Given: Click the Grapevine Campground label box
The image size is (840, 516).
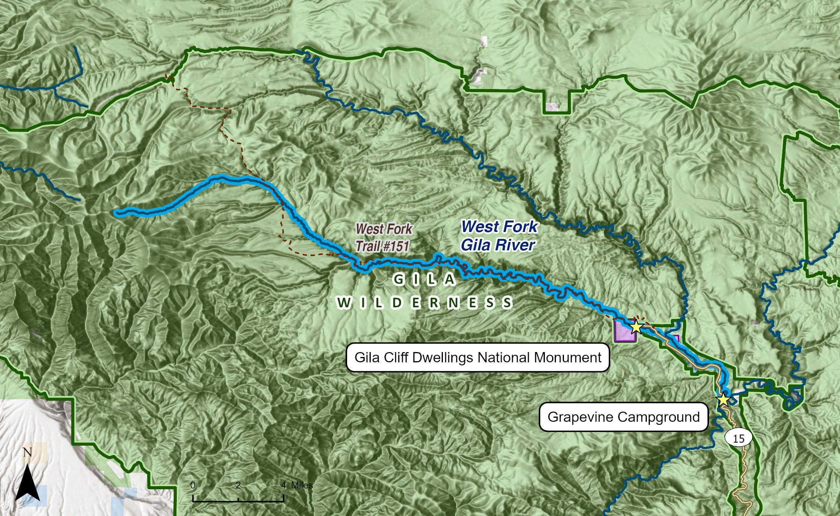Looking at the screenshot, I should pyautogui.click(x=623, y=417).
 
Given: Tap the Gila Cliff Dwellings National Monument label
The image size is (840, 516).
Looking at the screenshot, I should pyautogui.click(x=477, y=357).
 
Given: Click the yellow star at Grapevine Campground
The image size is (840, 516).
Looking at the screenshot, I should pyautogui.click(x=723, y=400).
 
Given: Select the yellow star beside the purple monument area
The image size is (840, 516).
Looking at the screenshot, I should pyautogui.click(x=636, y=327).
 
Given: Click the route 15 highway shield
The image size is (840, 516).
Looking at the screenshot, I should pyautogui.click(x=739, y=438).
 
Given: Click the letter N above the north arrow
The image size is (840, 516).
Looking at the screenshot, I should pyautogui.click(x=27, y=453).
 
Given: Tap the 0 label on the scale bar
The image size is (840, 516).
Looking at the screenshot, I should pyautogui.click(x=193, y=485).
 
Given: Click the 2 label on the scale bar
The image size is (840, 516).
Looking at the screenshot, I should pyautogui.click(x=238, y=485).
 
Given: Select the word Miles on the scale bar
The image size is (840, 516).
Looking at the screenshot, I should pyautogui.click(x=302, y=485).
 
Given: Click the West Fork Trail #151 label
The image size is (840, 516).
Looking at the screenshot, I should pyautogui.click(x=383, y=238).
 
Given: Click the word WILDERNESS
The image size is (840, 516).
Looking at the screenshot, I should pyautogui.click(x=425, y=303).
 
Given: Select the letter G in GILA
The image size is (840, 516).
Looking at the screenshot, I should pyautogui.click(x=398, y=279).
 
